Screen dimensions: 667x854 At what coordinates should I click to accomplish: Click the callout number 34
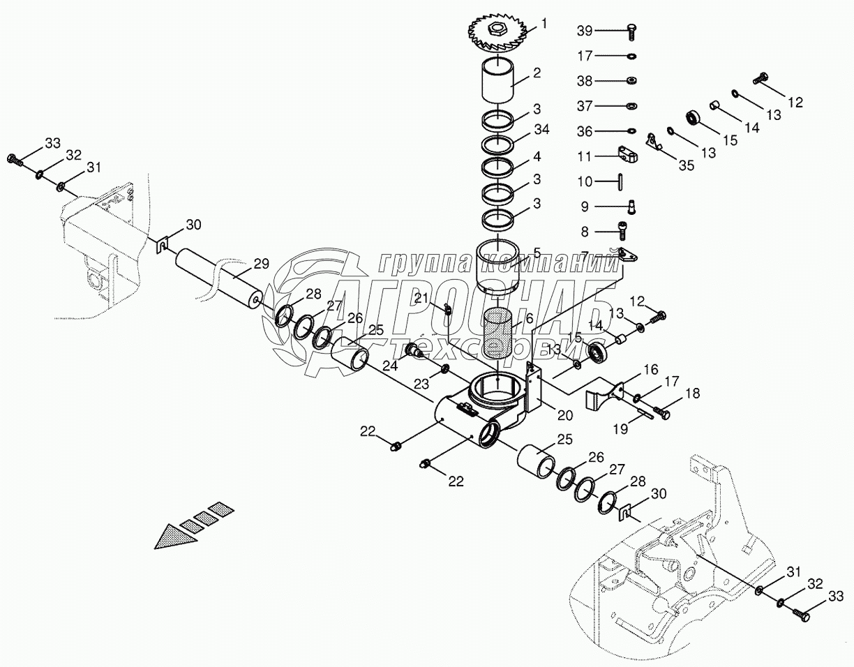(542, 130)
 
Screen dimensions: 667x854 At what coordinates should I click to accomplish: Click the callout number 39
(585, 31)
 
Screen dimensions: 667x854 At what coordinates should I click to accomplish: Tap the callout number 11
(585, 156)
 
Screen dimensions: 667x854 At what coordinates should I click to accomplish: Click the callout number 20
(564, 415)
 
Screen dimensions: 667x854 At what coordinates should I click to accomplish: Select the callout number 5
(537, 252)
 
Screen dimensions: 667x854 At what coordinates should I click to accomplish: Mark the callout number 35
(687, 165)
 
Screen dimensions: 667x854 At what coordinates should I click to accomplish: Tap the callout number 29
(261, 264)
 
